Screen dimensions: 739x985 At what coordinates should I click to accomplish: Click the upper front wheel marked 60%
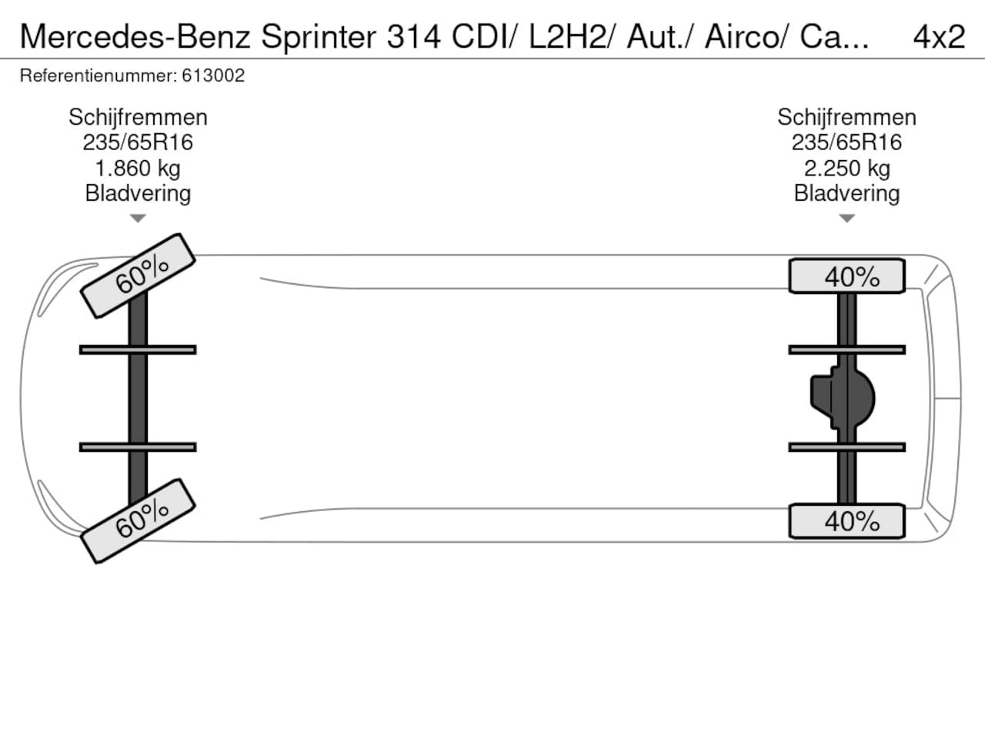(138, 275)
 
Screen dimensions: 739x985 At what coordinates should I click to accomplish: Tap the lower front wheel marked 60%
(138, 520)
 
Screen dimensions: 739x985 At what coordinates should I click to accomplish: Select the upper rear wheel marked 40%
(846, 276)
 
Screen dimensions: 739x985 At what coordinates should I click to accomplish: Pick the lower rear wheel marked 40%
(846, 521)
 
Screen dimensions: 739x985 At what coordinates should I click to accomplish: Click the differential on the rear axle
(843, 399)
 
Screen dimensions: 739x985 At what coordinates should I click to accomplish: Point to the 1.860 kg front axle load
(138, 168)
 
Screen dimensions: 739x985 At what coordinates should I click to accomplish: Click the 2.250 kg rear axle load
(846, 168)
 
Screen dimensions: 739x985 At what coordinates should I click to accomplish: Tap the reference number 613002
(213, 75)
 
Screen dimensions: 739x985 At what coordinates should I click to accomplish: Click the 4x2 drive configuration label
(939, 36)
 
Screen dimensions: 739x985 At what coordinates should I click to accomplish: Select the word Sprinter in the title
(319, 36)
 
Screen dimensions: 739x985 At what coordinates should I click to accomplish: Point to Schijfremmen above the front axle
(138, 117)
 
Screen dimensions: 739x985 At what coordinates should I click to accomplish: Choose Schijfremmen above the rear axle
(846, 117)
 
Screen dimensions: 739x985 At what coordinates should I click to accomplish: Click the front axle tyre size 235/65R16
(138, 142)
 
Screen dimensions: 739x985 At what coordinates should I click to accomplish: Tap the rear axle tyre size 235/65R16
(846, 142)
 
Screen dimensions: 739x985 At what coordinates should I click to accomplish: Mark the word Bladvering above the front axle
(138, 193)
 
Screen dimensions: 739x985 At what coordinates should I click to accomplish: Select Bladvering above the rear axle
(846, 193)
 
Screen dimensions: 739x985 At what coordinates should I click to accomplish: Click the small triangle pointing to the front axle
(138, 219)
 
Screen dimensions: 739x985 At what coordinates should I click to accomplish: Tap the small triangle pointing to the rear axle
(846, 219)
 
